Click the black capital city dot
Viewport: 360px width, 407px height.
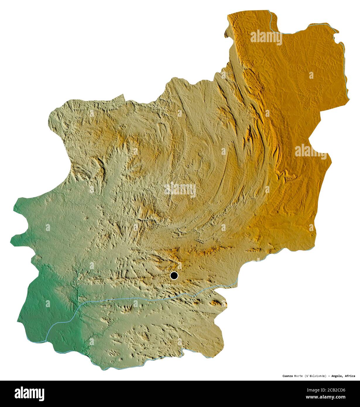[x=174, y=276]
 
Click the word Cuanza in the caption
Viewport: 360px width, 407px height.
[x=288, y=376]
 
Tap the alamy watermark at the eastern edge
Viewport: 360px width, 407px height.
[x=311, y=151]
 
